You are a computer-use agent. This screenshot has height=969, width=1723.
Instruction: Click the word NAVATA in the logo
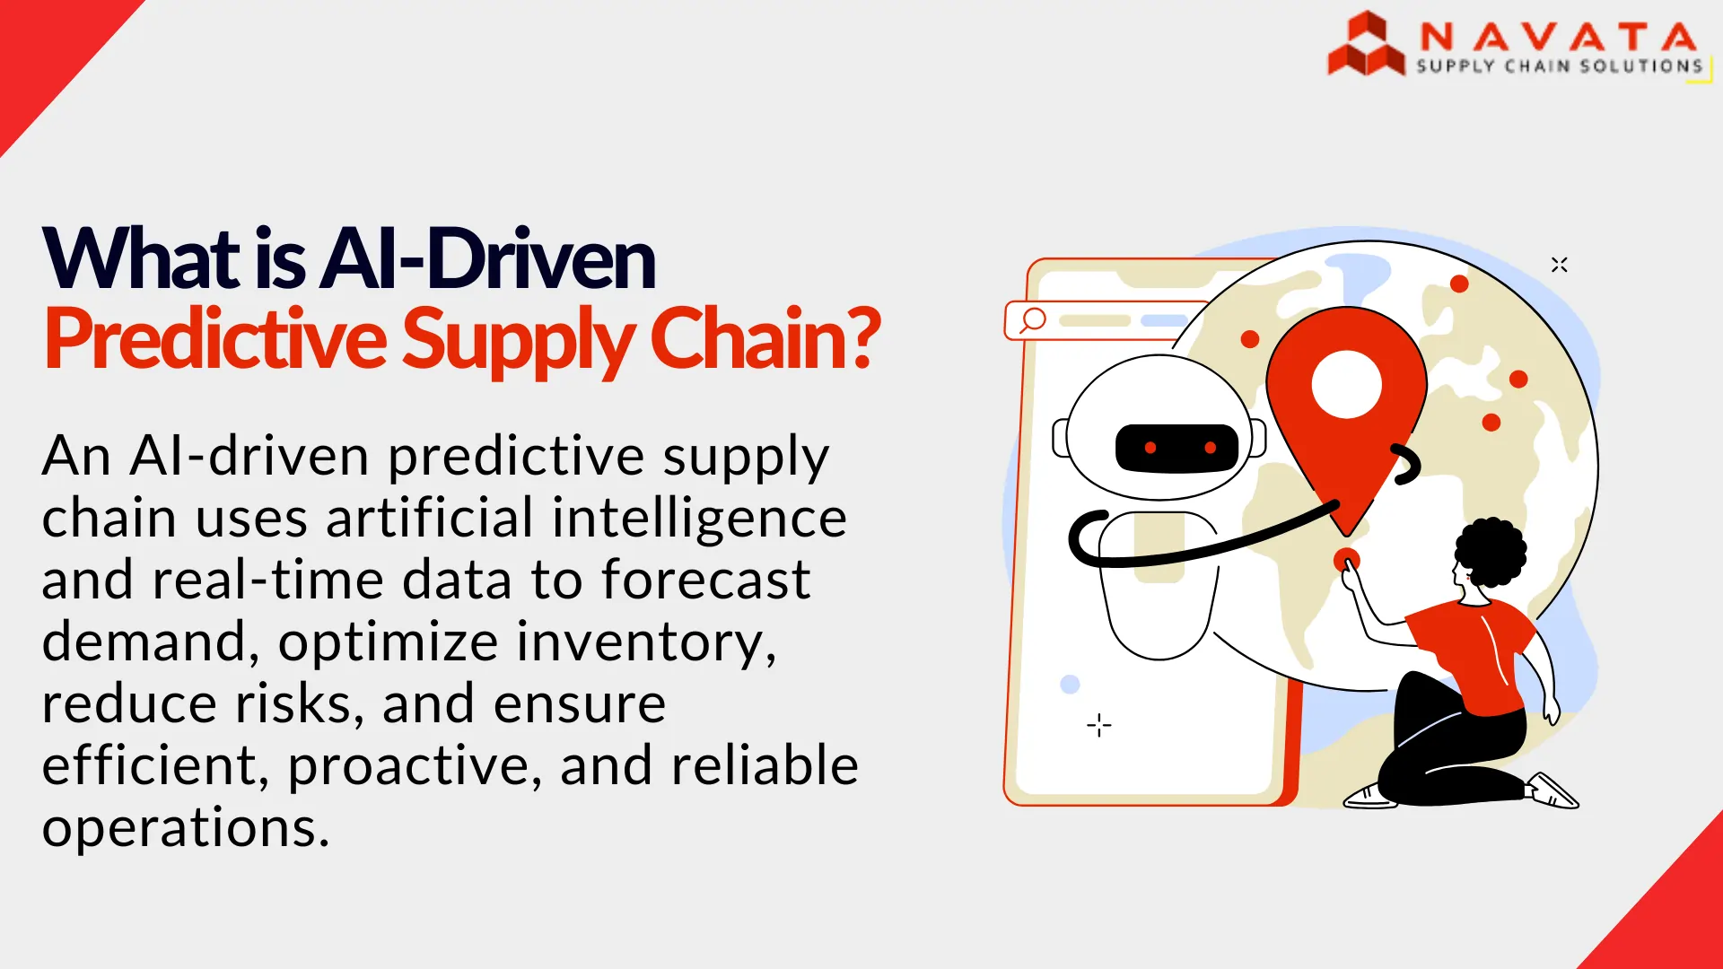click(x=1559, y=37)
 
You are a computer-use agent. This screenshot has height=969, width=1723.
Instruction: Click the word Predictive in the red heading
click(x=215, y=339)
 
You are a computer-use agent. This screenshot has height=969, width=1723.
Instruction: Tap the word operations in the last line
click(x=186, y=828)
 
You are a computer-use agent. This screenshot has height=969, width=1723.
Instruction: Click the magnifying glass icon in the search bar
click(x=1033, y=320)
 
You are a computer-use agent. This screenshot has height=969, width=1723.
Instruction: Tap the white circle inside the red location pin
click(x=1346, y=384)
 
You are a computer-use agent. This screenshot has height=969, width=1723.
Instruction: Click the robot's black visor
click(x=1176, y=448)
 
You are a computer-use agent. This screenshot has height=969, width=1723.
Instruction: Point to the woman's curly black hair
click(x=1491, y=552)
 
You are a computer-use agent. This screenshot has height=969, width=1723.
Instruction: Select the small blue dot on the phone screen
click(x=1070, y=685)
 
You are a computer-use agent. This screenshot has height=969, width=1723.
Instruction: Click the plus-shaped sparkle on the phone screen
click(x=1099, y=725)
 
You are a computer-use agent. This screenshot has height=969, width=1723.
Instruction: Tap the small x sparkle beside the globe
click(x=1560, y=265)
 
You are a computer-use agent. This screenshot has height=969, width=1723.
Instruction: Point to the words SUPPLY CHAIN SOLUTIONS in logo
click(x=1560, y=66)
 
